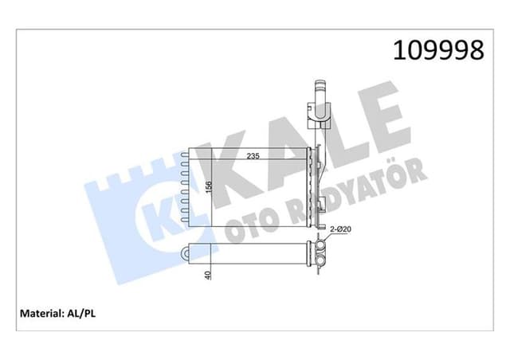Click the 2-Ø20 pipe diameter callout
[x=341, y=229]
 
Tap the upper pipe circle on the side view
[x=320, y=248]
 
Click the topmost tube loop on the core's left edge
[x=186, y=156]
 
